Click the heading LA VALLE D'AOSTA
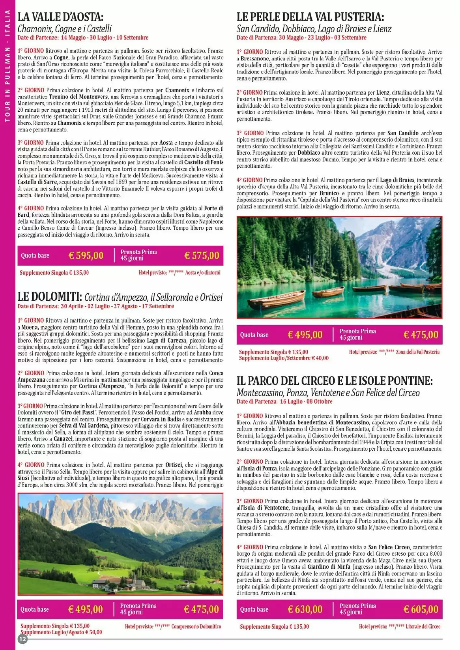[61, 17]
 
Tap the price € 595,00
[86, 255]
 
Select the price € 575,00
[202, 255]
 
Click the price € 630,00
[305, 609]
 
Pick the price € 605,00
[421, 609]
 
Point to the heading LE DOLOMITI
[49, 297]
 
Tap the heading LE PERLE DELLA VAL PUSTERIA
[310, 17]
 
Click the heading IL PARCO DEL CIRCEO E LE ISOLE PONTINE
[335, 381]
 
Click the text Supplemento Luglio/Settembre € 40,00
[284, 358]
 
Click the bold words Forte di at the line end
[213, 208]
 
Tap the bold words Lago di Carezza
[167, 340]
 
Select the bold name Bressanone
[255, 59]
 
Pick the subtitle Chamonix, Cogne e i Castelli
[64, 29]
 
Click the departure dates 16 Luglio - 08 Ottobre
[306, 401]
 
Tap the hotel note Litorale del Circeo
[423, 626]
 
